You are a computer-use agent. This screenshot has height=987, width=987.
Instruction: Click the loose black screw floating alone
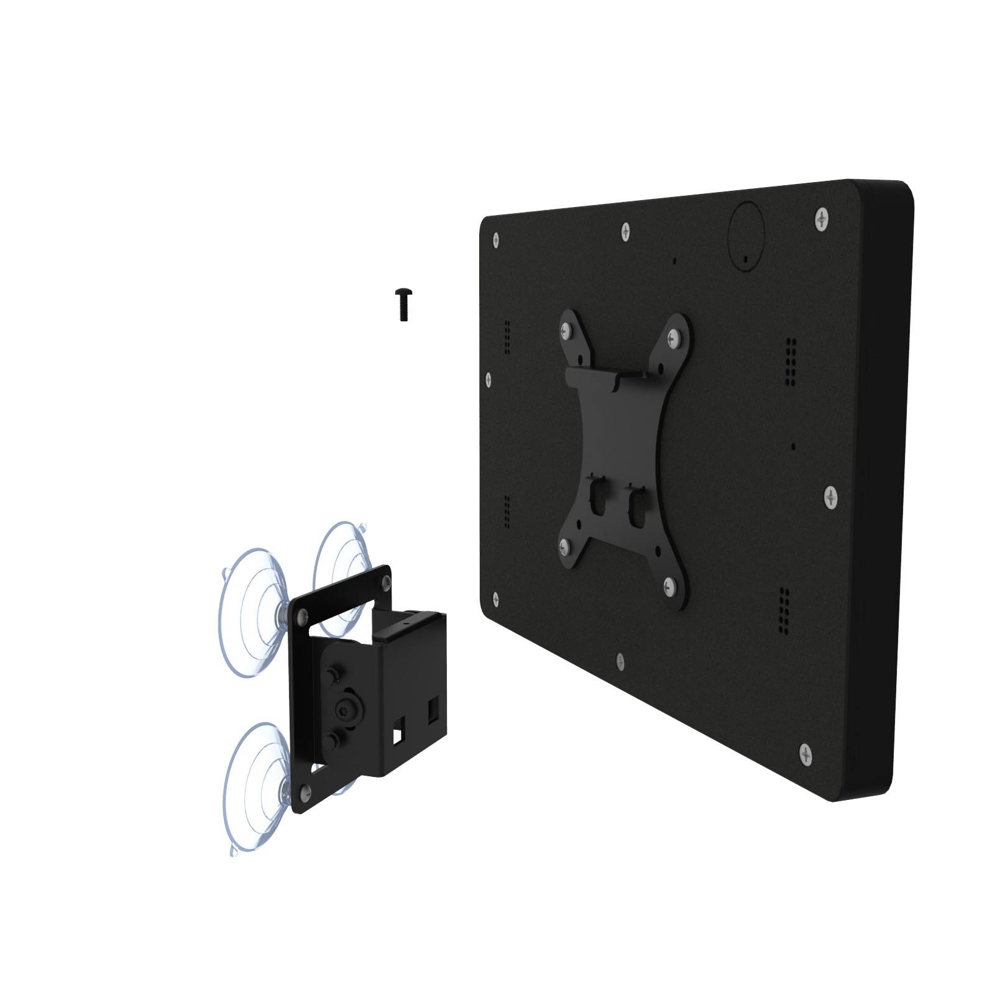403,304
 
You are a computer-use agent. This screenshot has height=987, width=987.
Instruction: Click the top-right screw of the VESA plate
673,339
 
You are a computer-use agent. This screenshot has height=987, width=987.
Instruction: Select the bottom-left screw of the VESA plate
565,546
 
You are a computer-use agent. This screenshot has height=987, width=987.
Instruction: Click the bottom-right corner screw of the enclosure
806,754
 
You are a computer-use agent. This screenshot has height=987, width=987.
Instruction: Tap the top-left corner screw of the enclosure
495,239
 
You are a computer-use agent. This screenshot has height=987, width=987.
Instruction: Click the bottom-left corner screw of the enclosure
495,598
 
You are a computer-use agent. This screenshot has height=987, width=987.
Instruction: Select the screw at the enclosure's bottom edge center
619,662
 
